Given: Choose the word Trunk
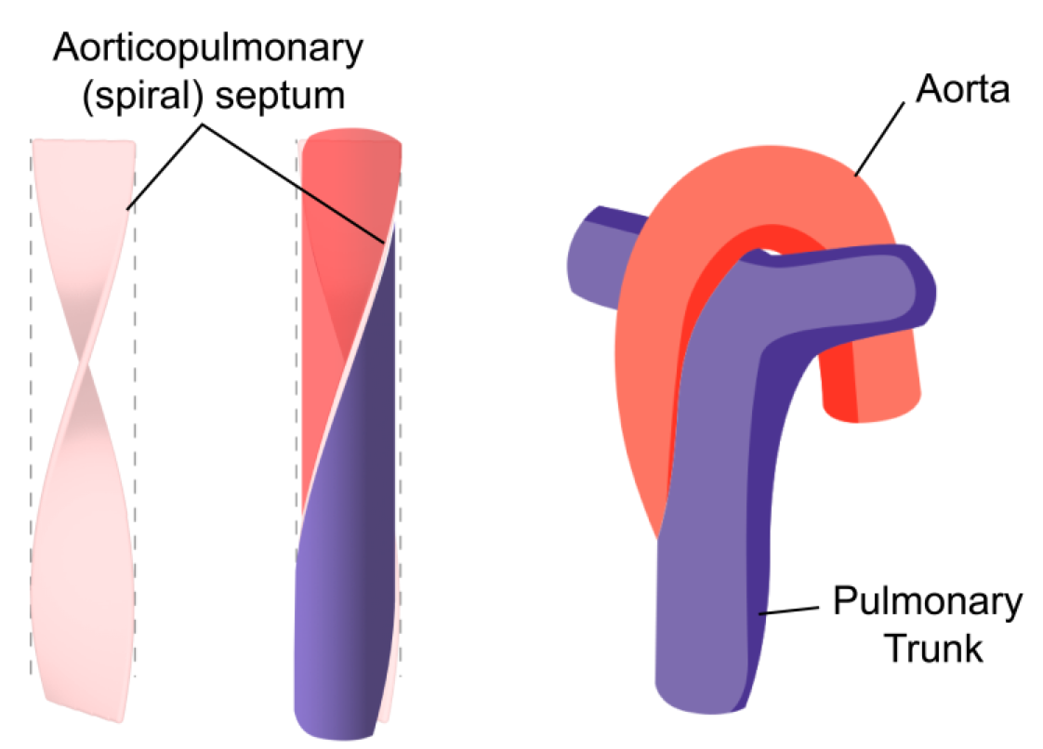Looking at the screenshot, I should [932, 648].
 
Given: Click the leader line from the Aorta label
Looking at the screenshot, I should [881, 138].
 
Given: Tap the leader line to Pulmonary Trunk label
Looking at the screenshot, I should [789, 609].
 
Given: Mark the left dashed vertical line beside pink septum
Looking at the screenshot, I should [32, 418].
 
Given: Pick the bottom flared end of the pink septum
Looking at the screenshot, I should [84, 688].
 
